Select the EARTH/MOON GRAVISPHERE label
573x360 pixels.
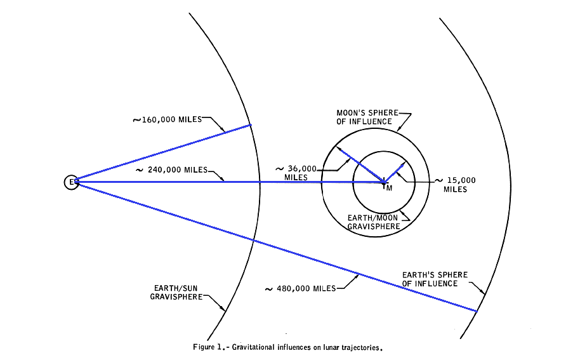click(x=373, y=222)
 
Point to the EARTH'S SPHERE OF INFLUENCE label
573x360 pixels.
click(x=435, y=279)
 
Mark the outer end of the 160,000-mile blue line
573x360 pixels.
click(x=251, y=124)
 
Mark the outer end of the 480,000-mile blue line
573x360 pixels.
click(x=476, y=310)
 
